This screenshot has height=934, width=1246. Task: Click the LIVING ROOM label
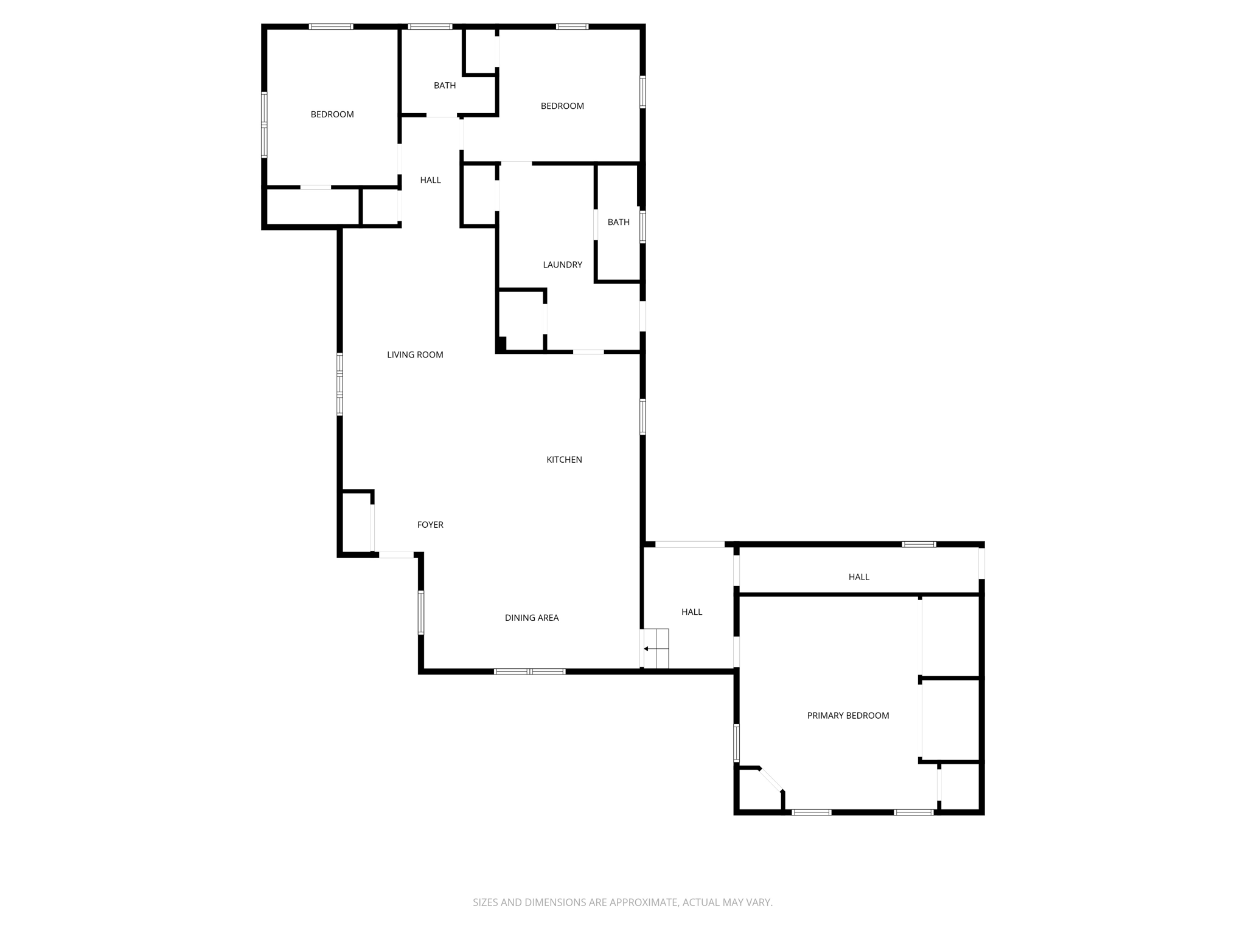[x=415, y=355]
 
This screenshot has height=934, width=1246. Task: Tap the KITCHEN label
[x=564, y=460]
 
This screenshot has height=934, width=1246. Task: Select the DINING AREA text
[x=531, y=618]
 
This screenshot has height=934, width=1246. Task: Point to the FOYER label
[x=430, y=525]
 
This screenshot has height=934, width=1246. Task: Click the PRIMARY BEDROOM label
[x=847, y=716]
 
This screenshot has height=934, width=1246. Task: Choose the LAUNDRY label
[x=562, y=265]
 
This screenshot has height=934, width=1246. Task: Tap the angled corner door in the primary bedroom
[x=771, y=780]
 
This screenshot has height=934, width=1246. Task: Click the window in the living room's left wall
[x=339, y=384]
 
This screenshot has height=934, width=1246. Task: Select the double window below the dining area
[x=529, y=671]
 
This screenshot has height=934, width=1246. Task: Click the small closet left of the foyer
[x=356, y=522]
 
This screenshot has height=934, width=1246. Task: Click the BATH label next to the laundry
[x=618, y=222]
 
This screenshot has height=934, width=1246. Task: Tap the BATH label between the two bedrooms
[x=445, y=85]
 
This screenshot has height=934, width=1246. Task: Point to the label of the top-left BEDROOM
[x=332, y=114]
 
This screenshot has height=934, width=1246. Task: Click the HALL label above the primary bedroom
[x=858, y=576]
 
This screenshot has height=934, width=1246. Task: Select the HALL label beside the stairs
[x=692, y=612]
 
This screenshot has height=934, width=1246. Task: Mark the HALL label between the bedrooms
[x=430, y=180]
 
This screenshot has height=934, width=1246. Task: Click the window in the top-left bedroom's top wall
[x=331, y=26]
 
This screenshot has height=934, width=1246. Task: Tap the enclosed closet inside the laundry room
[x=521, y=320]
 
